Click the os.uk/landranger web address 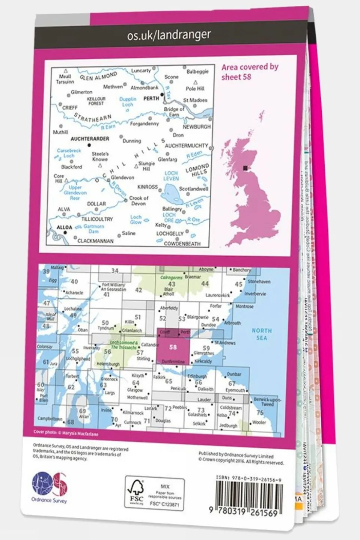point(169,35)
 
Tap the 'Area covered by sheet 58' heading point(249,72)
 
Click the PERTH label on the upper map point(151,98)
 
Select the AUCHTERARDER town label point(90,139)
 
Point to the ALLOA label point(64,227)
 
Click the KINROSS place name point(148,187)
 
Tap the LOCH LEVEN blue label point(171,176)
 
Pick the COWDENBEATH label point(182,244)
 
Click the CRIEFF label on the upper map point(70,108)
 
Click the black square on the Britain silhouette point(246,168)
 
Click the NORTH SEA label point(262,334)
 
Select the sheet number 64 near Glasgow point(136,383)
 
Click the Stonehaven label point(259,281)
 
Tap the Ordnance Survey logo point(49,487)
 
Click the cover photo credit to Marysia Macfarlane point(66,433)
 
